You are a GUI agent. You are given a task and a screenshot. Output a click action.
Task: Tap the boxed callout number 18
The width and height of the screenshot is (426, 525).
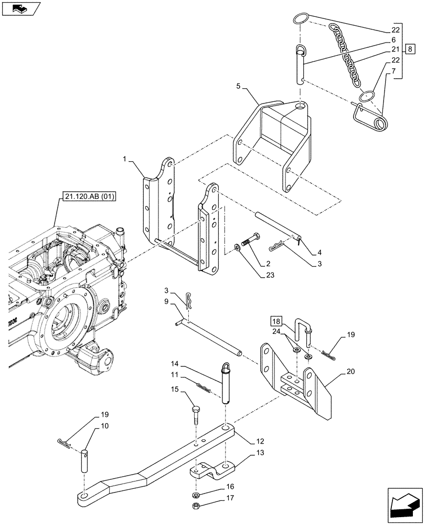point(277,321)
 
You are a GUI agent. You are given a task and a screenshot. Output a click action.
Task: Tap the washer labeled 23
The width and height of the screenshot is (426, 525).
point(239,247)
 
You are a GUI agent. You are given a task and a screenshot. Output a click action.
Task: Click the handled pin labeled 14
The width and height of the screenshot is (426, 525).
point(226,383)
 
